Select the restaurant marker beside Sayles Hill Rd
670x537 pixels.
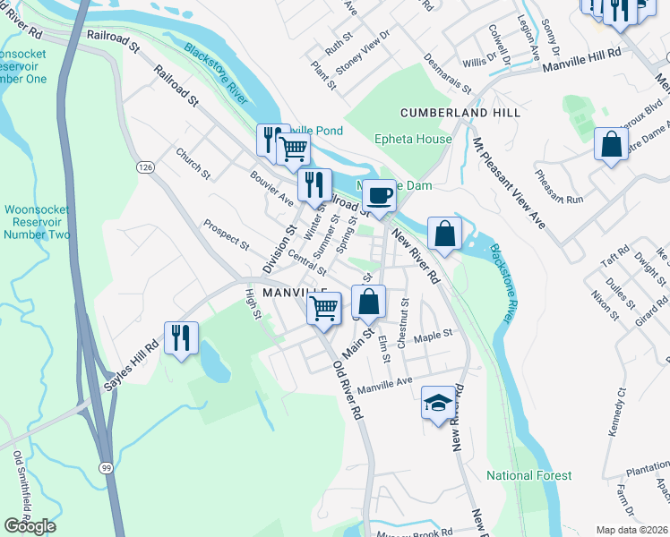(181, 337)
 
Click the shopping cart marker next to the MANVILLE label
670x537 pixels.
(324, 308)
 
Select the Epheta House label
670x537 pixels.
(413, 140)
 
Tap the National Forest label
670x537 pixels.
(528, 475)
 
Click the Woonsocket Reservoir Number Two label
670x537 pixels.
(36, 222)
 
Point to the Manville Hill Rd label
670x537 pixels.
(585, 55)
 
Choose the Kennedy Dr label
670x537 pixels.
(614, 413)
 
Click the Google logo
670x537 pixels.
(30, 526)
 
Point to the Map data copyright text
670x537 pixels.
(630, 530)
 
